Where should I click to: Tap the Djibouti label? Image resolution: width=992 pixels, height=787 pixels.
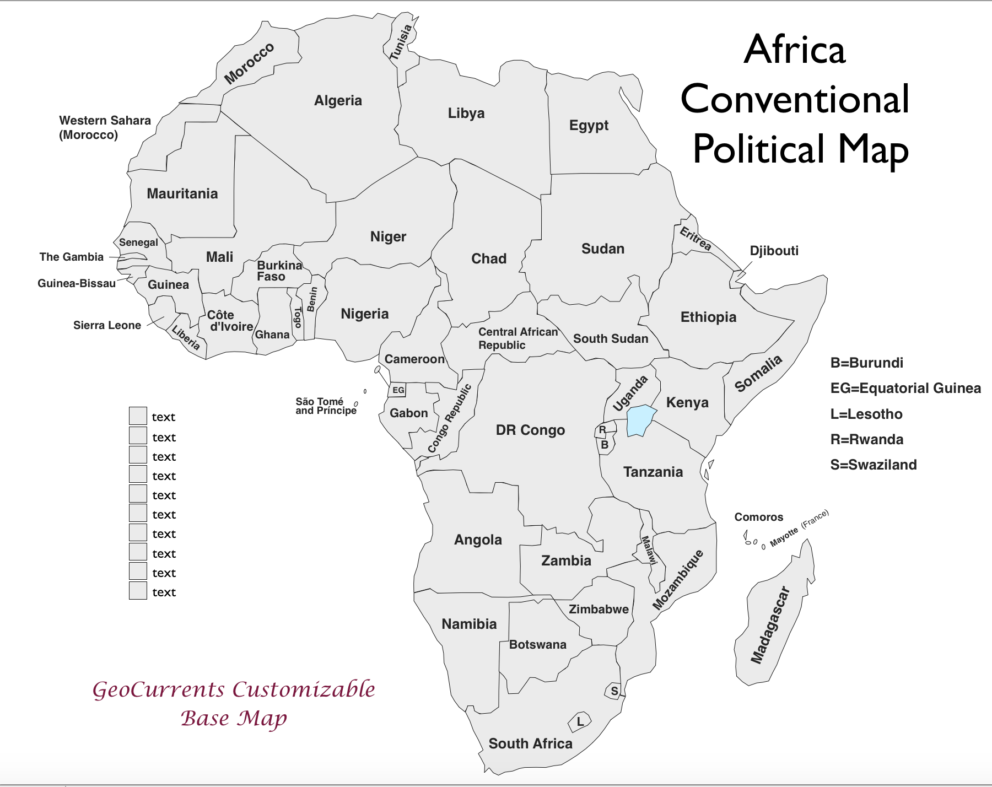pyautogui.click(x=774, y=251)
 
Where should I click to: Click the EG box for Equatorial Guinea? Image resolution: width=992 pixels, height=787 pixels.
pyautogui.click(x=398, y=390)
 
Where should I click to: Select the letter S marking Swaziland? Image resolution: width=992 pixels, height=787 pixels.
pyautogui.click(x=614, y=691)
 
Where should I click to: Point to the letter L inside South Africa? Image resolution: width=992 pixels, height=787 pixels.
pyautogui.click(x=580, y=721)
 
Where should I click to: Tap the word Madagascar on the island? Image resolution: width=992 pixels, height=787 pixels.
pyautogui.click(x=770, y=626)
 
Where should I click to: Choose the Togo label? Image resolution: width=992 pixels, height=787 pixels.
pyautogui.click(x=298, y=317)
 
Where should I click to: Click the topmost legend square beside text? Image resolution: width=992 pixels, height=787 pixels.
pyautogui.click(x=138, y=416)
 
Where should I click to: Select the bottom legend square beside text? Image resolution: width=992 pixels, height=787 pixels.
pyautogui.click(x=138, y=591)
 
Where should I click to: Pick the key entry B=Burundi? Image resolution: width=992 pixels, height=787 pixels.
pyautogui.click(x=866, y=363)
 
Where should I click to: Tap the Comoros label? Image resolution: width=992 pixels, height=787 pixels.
pyautogui.click(x=758, y=517)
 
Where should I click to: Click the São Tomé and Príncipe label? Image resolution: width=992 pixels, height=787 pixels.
pyautogui.click(x=326, y=406)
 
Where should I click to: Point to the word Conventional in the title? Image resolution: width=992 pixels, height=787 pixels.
pyautogui.click(x=795, y=99)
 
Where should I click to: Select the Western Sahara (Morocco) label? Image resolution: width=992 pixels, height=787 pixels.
pyautogui.click(x=105, y=127)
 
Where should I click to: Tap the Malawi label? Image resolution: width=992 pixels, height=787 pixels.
pyautogui.click(x=649, y=550)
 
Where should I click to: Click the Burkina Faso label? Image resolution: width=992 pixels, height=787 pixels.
pyautogui.click(x=279, y=271)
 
